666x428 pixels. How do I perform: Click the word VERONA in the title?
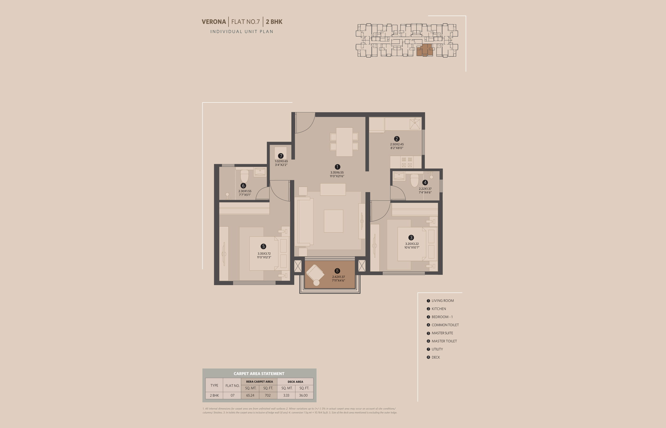[x=214, y=22]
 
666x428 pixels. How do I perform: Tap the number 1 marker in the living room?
[x=337, y=167]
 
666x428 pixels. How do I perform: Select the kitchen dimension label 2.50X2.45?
[x=397, y=144]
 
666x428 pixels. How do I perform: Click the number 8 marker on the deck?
[x=337, y=271]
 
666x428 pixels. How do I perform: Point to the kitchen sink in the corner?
[x=415, y=124]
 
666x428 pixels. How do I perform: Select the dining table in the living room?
[x=344, y=142]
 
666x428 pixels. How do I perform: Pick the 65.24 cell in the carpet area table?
[x=250, y=395]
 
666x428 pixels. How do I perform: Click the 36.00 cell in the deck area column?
[x=303, y=395]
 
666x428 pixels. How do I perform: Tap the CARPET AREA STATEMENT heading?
[x=259, y=374]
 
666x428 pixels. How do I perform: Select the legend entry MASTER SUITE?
[x=442, y=333]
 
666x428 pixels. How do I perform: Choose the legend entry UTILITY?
[x=437, y=349]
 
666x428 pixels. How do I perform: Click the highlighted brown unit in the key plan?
[x=424, y=50]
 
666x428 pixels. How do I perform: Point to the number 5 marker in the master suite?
[x=263, y=246]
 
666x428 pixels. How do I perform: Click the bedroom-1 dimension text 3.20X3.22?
[x=412, y=244]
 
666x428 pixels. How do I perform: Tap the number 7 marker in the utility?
[x=281, y=156]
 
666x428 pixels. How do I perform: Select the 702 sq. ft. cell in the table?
[x=268, y=395]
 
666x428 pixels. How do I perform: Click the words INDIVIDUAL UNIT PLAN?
[x=242, y=31]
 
